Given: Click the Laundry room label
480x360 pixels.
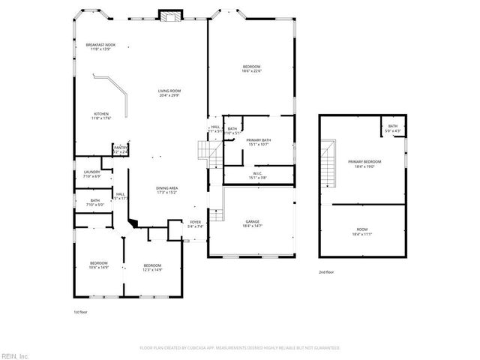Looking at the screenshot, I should [x=91, y=174].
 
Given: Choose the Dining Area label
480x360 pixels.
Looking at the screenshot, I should [x=166, y=190].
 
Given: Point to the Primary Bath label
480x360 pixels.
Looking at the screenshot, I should [x=259, y=142].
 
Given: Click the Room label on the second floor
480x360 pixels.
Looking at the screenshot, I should [x=362, y=232].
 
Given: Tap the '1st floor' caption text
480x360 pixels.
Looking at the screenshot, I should [x=80, y=311].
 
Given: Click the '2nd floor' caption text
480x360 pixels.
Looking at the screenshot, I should [x=326, y=272].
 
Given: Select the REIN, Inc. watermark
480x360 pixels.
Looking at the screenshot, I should [x=15, y=355].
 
